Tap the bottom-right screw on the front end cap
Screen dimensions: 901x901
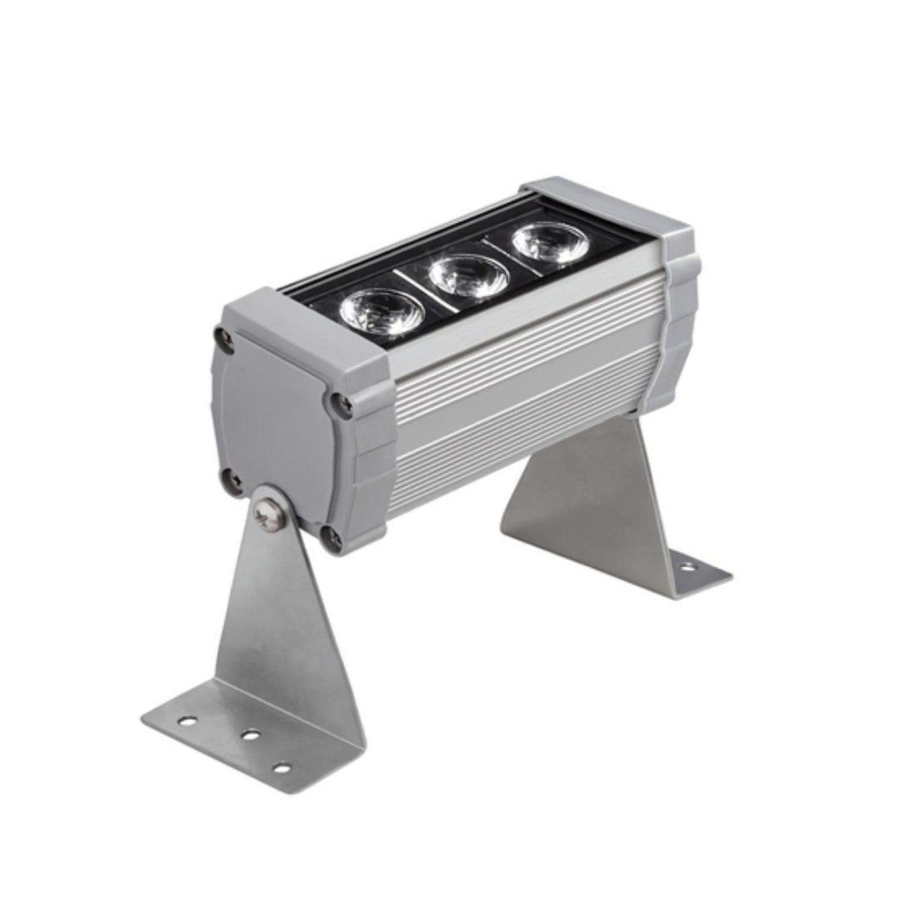click(x=335, y=538)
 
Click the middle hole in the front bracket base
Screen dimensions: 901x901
click(x=248, y=736)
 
